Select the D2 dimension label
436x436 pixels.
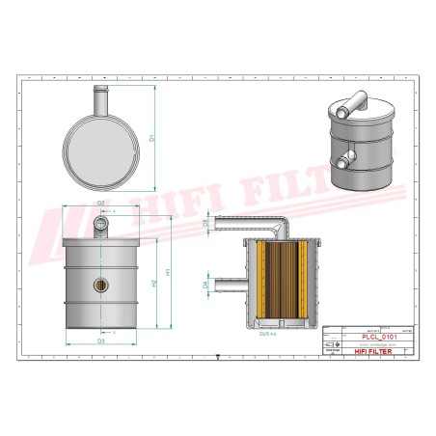click(101, 203)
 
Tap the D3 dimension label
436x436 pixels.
click(100, 341)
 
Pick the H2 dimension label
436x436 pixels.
click(153, 284)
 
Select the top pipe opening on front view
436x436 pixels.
click(101, 224)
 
